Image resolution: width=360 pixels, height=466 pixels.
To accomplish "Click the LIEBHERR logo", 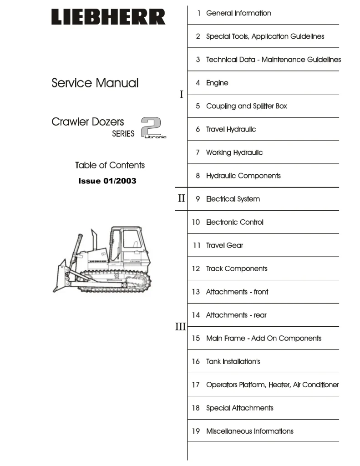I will [x=108, y=17].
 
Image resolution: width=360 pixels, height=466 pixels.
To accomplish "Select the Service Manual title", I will [x=95, y=83].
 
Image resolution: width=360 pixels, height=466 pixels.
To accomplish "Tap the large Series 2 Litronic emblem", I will [x=153, y=128].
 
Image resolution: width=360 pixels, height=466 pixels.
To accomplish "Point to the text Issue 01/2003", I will [x=107, y=181].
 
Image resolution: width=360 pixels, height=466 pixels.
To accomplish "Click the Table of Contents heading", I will [x=110, y=165].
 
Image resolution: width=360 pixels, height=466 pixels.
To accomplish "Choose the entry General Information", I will [x=238, y=13].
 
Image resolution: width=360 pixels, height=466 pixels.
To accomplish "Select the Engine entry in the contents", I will [x=217, y=83].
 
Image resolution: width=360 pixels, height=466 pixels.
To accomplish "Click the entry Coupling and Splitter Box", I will [x=246, y=106].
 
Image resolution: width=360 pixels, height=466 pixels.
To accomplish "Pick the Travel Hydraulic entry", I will [x=231, y=129].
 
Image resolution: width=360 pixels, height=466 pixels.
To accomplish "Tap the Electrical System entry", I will [x=233, y=199].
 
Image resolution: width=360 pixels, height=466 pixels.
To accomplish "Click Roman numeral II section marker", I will [x=181, y=198].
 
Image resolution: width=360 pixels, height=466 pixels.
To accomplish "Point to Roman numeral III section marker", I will [x=180, y=326].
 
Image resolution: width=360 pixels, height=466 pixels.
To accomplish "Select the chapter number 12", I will [x=196, y=268].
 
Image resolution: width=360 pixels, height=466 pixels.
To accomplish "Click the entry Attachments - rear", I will [x=236, y=315].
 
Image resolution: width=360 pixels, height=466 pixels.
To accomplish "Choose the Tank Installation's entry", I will [x=233, y=361].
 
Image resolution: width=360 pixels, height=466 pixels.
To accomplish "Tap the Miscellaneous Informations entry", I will [x=249, y=431].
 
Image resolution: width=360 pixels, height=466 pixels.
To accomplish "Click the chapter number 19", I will [x=196, y=431].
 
